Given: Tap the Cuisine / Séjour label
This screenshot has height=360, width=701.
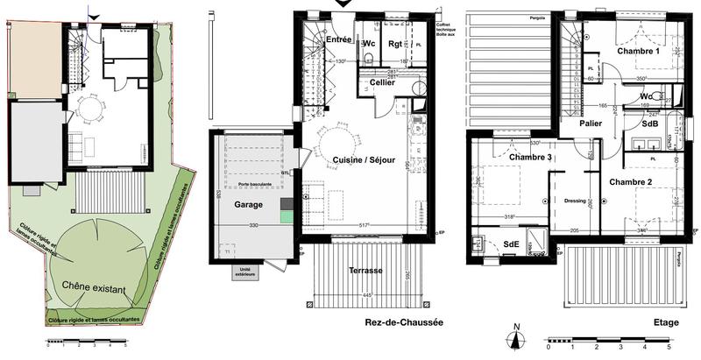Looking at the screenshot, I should (x=365, y=160).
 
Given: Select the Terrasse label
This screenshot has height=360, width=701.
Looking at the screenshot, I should (x=365, y=270).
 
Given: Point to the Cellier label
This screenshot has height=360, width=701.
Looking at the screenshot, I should (x=381, y=82).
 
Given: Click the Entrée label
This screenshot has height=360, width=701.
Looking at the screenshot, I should (x=338, y=39).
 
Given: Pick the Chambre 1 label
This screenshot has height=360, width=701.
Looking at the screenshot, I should (x=637, y=51).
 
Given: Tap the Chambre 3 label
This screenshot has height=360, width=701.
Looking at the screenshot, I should (x=506, y=157).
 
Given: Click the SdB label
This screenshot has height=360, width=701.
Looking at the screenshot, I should (x=650, y=124).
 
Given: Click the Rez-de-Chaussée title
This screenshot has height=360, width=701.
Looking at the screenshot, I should (x=404, y=323).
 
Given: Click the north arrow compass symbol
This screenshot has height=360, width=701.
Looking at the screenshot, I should (x=517, y=335).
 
